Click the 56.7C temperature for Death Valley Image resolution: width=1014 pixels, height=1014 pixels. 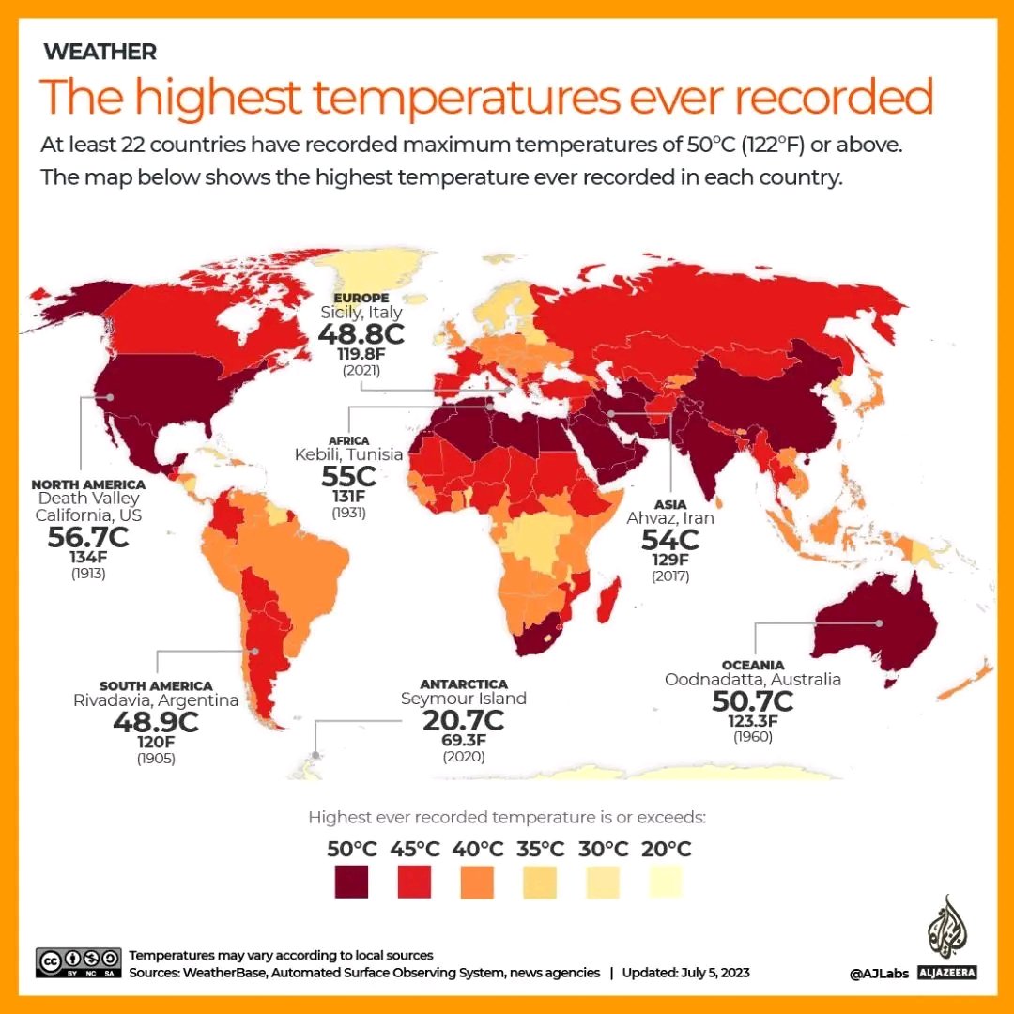tap(88, 538)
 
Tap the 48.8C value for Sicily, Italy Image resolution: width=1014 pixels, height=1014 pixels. tap(361, 334)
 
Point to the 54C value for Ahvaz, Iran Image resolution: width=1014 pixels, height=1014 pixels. tap(670, 541)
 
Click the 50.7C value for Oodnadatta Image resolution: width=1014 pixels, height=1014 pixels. tap(752, 701)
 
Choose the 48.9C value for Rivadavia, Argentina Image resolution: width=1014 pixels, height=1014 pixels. tap(156, 722)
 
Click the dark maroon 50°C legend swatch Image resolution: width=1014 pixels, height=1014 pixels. tap(352, 882)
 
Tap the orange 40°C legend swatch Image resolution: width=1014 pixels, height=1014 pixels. tap(478, 882)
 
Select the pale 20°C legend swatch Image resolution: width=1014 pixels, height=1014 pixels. tap(666, 882)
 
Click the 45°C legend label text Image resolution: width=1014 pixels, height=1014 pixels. tap(414, 849)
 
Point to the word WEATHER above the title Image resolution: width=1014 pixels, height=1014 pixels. tap(100, 52)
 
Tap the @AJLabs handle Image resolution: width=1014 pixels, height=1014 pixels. tap(878, 974)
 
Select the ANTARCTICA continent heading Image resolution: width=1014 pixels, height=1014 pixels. tap(464, 684)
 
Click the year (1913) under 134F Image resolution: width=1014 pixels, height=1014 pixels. tap(88, 573)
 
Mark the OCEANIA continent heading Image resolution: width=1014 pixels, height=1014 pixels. tap(753, 665)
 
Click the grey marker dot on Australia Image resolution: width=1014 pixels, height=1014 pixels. tap(880, 623)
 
